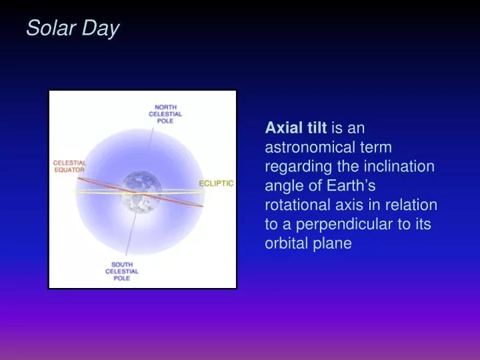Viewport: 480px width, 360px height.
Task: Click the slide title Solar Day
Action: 72,29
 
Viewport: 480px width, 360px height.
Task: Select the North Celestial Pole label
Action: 165,113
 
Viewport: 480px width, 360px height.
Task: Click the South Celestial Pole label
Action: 121,271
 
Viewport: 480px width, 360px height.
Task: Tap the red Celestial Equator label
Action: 69,166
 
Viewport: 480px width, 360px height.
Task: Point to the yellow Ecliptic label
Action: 216,183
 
